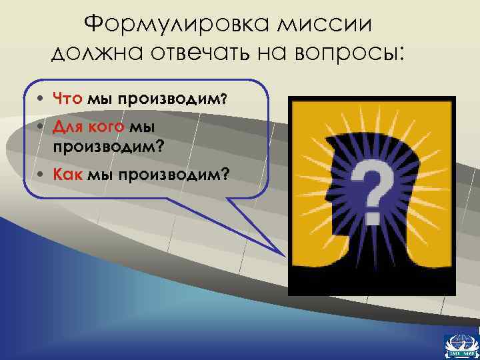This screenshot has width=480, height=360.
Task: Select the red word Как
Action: coord(68,173)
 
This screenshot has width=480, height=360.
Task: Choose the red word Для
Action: coord(67,127)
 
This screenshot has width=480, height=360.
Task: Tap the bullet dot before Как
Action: coord(42,174)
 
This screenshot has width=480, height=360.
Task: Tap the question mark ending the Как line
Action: coord(227,174)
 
